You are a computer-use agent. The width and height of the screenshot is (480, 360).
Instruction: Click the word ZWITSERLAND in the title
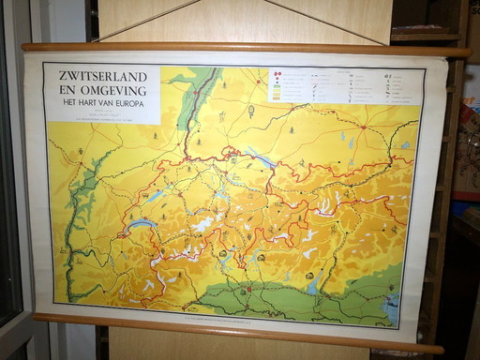click(x=105, y=74)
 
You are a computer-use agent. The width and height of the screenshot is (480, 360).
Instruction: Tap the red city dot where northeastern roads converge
click(x=363, y=127)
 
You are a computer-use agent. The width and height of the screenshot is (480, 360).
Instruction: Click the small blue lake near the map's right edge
click(x=405, y=145)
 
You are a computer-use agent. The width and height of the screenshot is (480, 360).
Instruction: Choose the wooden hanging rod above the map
click(x=244, y=47)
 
